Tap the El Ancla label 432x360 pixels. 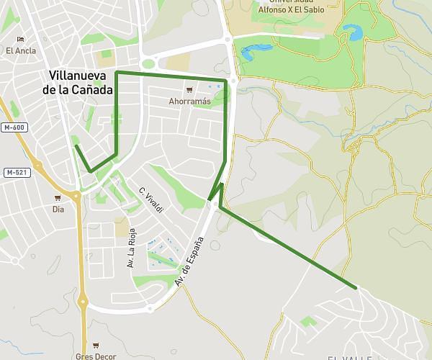coord(20,50)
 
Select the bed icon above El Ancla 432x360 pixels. coord(20,39)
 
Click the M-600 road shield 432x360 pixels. coord(14,127)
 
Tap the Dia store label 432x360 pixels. coord(58,210)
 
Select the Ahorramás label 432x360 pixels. coord(189,102)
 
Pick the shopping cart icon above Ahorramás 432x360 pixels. coord(189,90)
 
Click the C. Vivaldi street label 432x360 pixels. coord(151,200)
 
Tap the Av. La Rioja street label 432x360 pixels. coord(131,248)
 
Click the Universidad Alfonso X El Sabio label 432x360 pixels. coord(291,6)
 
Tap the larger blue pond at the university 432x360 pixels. coord(353,32)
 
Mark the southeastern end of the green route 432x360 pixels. coord(356,288)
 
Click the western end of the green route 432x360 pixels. coord(76,145)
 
